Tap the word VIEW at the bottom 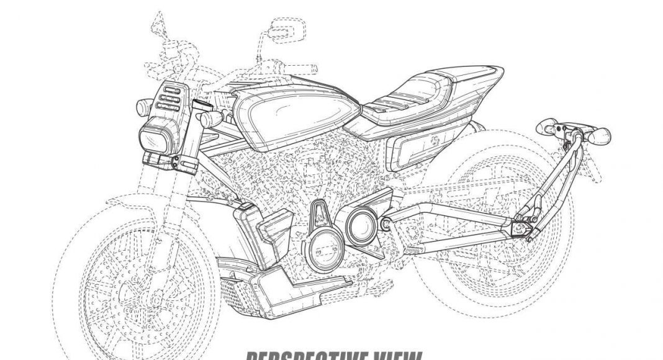392,354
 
